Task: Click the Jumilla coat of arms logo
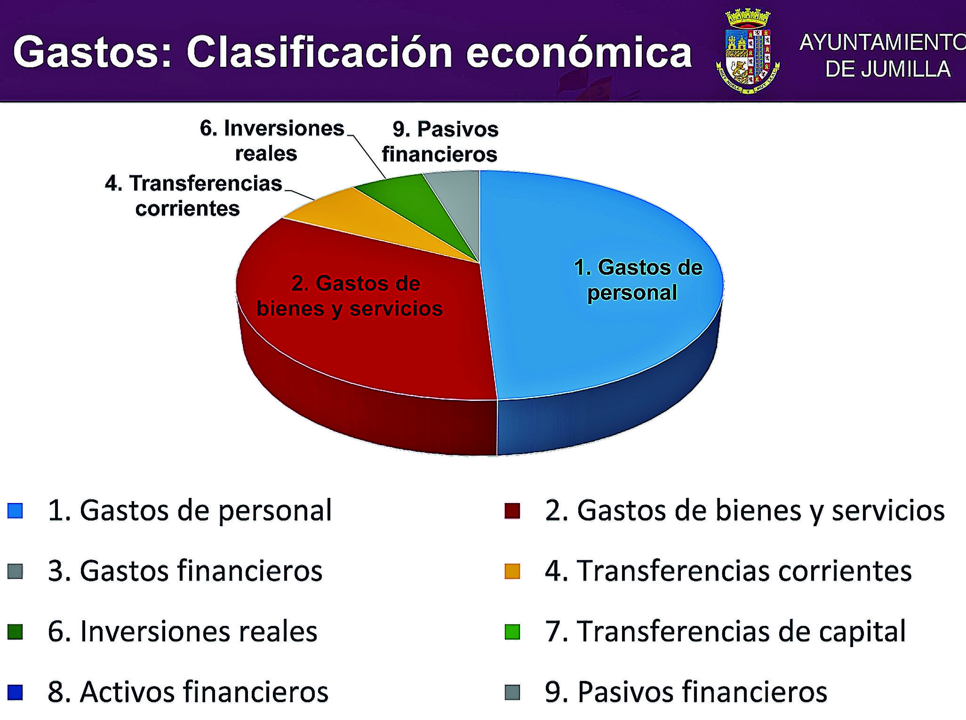(x=748, y=51)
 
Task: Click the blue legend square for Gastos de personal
(x=16, y=511)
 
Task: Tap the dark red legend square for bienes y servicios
(x=512, y=511)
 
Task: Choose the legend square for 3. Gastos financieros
(x=16, y=571)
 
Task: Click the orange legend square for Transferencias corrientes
(x=512, y=571)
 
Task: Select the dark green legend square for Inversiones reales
(x=16, y=632)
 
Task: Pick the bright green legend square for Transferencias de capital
(x=512, y=632)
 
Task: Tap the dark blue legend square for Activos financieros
(x=16, y=692)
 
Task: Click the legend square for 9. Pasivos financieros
(x=512, y=692)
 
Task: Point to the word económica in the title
(x=579, y=52)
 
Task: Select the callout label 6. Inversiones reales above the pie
(x=272, y=141)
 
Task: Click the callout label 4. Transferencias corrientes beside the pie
(x=193, y=196)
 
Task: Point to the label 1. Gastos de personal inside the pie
(x=638, y=280)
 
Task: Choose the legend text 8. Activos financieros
(x=188, y=692)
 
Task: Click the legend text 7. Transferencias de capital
(x=725, y=632)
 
